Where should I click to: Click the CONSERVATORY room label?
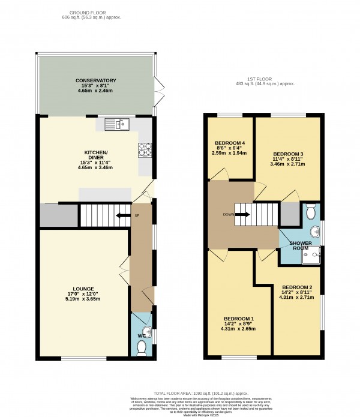(95, 80)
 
